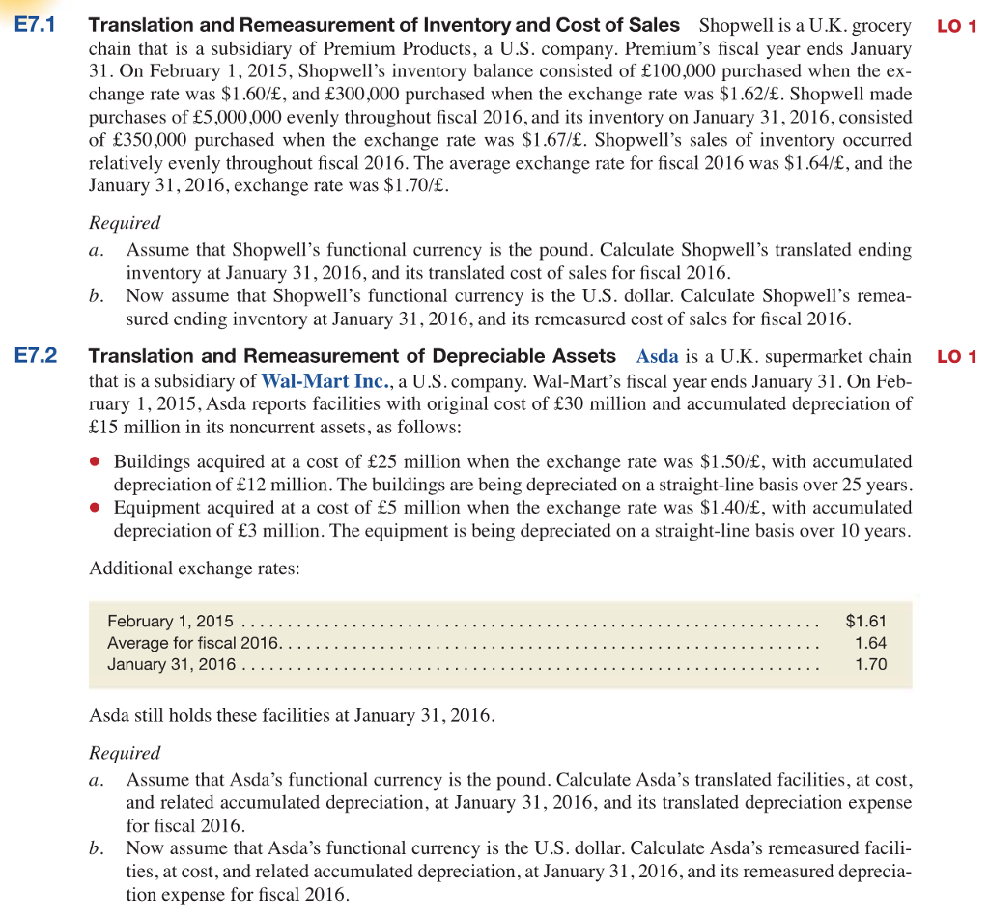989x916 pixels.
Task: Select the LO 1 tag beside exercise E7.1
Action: [957, 26]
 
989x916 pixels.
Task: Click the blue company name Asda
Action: [656, 357]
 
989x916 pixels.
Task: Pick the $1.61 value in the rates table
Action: [865, 621]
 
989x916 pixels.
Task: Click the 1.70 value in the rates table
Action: [871, 664]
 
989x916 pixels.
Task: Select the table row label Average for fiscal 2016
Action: [193, 643]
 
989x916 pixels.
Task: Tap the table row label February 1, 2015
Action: [170, 621]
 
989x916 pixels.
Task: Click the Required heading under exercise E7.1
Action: [125, 222]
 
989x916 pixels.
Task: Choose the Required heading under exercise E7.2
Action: [125, 752]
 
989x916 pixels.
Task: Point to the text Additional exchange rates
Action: [194, 568]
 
